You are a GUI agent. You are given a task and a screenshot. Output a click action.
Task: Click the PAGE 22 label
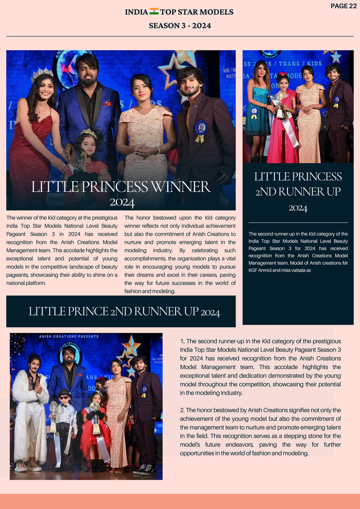[x=343, y=6]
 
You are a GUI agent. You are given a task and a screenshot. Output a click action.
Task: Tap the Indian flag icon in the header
[x=154, y=12]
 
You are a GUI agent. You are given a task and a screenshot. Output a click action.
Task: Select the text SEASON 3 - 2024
[x=180, y=26]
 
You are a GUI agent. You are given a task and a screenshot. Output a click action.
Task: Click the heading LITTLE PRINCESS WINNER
[x=121, y=187]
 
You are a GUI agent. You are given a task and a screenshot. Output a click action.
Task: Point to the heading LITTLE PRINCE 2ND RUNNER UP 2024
[x=124, y=311]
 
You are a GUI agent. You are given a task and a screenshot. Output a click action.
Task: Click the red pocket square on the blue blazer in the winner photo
[x=107, y=104]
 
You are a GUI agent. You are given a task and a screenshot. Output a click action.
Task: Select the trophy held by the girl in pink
[x=280, y=104]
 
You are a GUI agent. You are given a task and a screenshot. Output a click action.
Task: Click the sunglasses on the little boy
[x=64, y=399]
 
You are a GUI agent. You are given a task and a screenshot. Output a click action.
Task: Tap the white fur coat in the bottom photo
[x=30, y=419]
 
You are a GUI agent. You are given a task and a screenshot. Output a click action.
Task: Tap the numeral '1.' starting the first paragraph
[x=182, y=342]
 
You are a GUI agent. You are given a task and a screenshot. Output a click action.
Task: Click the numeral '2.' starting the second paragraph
[x=182, y=410]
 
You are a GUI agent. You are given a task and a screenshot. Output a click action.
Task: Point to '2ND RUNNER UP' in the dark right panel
[x=298, y=192]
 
